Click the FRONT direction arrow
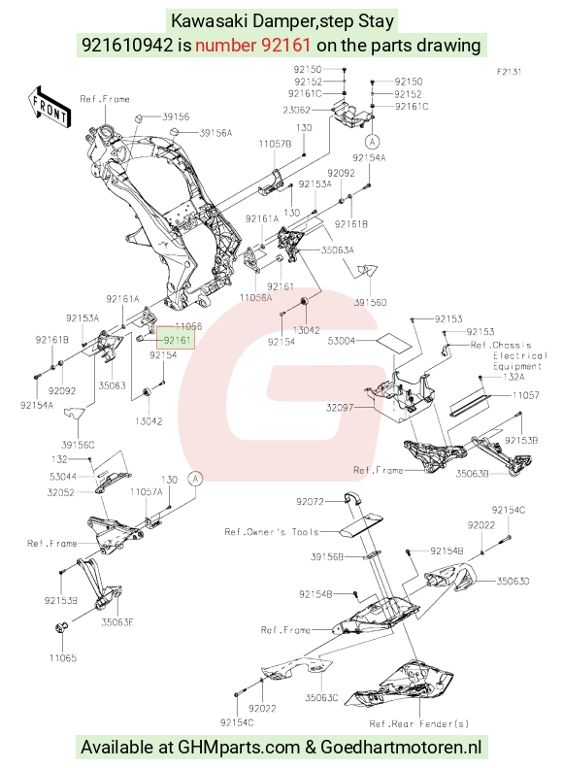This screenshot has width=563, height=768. tap(49, 108)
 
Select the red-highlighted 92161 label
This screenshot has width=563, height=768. tap(177, 339)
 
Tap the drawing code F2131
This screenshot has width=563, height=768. tap(510, 72)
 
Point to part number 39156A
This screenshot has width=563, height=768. tap(215, 133)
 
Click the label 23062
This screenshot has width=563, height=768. tap(296, 110)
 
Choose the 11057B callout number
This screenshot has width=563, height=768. tap(275, 144)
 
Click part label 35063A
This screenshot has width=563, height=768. tap(337, 250)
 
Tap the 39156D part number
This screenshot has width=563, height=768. tap(370, 302)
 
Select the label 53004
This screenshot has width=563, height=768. tap(342, 340)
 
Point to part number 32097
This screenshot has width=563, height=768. tap(340, 407)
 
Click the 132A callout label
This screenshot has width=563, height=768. tap(513, 377)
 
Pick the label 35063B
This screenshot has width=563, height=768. tap(473, 474)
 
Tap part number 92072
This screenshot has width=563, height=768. tap(310, 502)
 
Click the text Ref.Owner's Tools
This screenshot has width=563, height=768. tap(272, 531)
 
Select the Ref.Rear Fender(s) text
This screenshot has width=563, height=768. tap(419, 723)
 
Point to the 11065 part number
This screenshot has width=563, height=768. tap(63, 657)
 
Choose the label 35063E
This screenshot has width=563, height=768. tap(117, 622)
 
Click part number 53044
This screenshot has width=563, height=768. tap(63, 476)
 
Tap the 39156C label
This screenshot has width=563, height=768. tap(78, 445)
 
